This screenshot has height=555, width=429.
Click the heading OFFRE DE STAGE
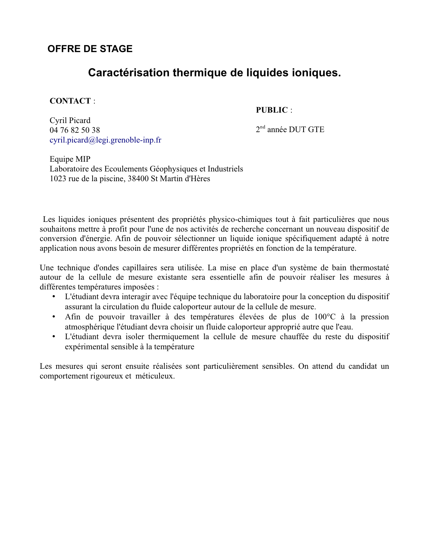click(x=90, y=49)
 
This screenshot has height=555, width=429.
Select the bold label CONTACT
click(x=70, y=101)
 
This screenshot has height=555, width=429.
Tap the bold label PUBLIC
click(x=272, y=110)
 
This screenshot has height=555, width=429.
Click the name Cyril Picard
click(x=70, y=120)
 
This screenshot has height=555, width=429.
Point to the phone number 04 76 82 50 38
click(x=75, y=130)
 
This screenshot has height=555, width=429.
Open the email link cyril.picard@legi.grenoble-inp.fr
click(x=105, y=140)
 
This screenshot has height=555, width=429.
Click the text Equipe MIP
click(x=70, y=159)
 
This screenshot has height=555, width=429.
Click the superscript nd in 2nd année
click(x=263, y=127)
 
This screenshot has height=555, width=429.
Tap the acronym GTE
click(x=316, y=129)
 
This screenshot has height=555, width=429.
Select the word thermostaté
click(x=369, y=268)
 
